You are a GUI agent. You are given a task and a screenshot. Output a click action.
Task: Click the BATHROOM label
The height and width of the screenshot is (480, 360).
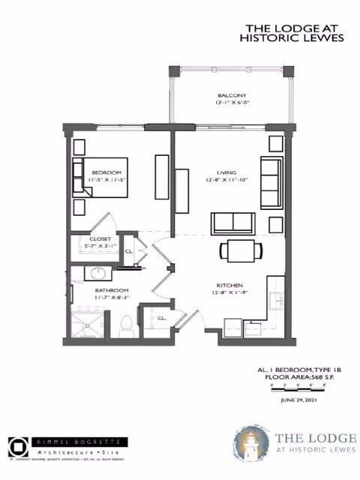[x=112, y=290]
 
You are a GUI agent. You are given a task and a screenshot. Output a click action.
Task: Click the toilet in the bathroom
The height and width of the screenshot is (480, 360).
[x=126, y=324]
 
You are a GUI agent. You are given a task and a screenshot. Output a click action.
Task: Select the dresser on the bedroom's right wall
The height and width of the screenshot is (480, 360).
[x=161, y=176]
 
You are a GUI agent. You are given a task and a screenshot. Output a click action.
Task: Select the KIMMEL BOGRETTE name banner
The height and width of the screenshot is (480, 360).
[x=78, y=442]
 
